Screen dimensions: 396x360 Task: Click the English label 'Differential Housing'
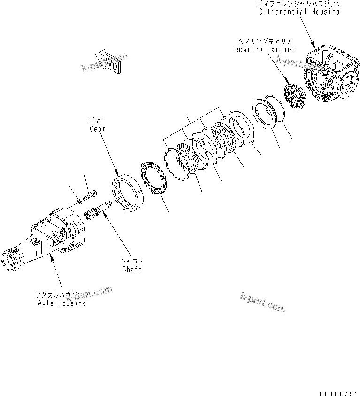299,11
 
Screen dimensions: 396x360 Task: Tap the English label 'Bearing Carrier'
265,49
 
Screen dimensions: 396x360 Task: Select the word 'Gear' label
98,128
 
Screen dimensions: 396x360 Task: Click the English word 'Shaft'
131,269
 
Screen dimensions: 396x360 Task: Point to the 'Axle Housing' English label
61,303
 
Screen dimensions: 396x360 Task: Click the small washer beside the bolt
79,202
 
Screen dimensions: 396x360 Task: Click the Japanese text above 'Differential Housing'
299,3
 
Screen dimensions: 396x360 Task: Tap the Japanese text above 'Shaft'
131,261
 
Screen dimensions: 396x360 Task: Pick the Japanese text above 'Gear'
98,120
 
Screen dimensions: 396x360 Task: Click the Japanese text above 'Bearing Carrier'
265,41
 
